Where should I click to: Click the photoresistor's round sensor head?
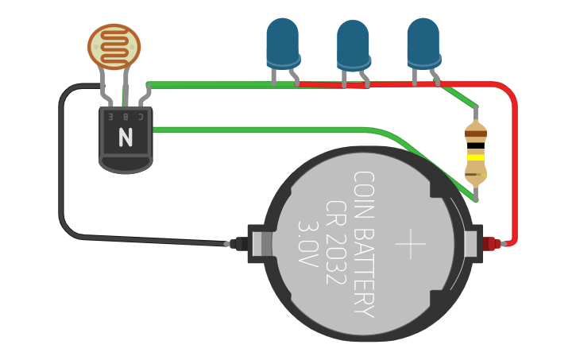(x=114, y=45)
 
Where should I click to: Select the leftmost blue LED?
(x=282, y=41)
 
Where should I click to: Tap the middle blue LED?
(x=354, y=45)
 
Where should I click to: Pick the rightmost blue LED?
(x=423, y=41)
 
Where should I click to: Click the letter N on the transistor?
(x=126, y=138)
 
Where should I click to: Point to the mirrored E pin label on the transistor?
(x=110, y=116)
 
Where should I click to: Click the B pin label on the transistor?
(x=125, y=116)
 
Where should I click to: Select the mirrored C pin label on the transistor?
(x=140, y=116)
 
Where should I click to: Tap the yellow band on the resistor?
(x=475, y=157)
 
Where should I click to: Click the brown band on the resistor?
(x=475, y=132)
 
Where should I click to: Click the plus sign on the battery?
(x=411, y=243)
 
